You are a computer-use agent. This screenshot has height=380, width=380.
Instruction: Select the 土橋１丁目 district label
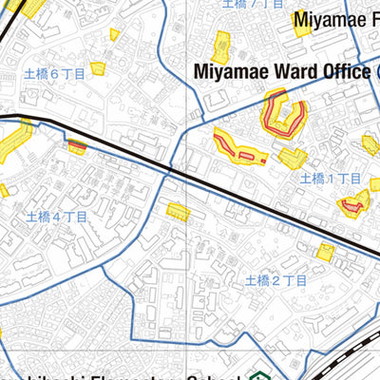click(332, 179)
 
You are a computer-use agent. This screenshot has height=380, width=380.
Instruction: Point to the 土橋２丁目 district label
click(275, 280)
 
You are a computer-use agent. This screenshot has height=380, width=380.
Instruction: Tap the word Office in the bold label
click(343, 71)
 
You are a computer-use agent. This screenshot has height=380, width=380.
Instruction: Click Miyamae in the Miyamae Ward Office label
click(228, 71)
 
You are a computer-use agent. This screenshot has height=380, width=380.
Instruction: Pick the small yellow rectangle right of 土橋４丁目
click(178, 211)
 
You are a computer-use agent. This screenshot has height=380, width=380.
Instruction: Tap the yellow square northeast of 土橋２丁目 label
click(326, 252)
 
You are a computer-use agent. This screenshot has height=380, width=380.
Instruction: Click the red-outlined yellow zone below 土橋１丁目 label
click(354, 202)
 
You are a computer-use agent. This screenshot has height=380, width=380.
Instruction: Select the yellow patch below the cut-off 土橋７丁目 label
click(221, 45)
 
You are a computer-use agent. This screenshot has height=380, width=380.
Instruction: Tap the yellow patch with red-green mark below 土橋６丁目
click(77, 145)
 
